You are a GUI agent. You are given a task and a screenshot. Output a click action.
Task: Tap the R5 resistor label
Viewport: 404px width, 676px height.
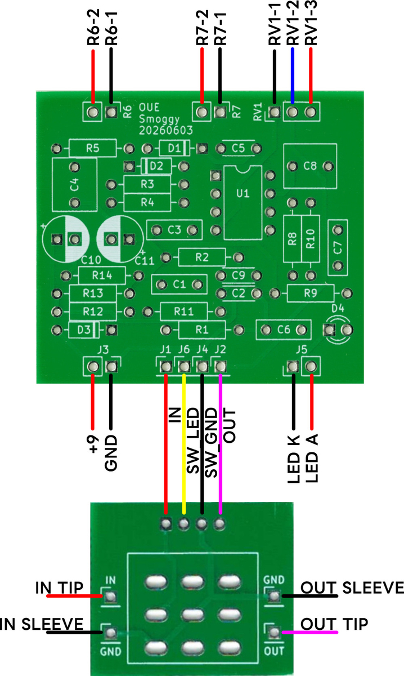[x=92, y=148]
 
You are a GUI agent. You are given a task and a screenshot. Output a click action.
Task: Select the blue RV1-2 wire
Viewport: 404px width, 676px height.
[x=292, y=76]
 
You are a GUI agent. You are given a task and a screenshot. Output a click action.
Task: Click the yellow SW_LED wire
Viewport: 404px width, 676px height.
[x=184, y=444]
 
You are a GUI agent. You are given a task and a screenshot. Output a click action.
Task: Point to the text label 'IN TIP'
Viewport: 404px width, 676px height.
[x=59, y=588]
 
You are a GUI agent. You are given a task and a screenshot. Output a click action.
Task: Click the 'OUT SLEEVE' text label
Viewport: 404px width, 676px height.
[x=352, y=588]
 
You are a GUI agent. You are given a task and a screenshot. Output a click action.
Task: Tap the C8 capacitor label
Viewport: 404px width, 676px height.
[x=310, y=166]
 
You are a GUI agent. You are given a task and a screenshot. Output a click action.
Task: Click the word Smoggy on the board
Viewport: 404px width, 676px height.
[x=159, y=119]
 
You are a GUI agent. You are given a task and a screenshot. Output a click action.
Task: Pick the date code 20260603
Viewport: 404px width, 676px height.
[x=165, y=130]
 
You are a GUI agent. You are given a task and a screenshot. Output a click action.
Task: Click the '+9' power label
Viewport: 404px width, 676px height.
[x=93, y=444]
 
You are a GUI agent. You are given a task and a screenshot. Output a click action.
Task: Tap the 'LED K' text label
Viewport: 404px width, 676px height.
[x=293, y=459]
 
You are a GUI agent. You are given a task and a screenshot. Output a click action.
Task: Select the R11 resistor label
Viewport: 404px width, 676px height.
[x=183, y=311]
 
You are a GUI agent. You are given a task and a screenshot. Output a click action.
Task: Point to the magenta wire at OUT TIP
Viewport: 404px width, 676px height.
[x=309, y=632]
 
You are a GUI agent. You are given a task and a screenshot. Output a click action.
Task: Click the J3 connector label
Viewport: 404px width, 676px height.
[x=103, y=350]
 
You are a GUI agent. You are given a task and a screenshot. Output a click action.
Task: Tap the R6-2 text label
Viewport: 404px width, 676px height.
[x=93, y=27]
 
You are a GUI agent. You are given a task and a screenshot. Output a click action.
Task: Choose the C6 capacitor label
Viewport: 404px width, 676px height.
[x=284, y=330]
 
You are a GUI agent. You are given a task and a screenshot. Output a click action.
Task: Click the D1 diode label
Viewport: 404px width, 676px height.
[x=174, y=148]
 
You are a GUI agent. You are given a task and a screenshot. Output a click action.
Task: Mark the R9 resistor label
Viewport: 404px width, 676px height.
[x=310, y=293]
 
